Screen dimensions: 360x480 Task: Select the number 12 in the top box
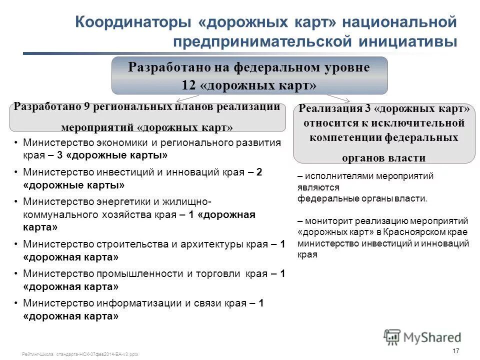(x=190, y=85)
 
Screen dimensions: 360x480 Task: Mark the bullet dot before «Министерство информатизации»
(x=17, y=303)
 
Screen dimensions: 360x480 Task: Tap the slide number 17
(x=455, y=350)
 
